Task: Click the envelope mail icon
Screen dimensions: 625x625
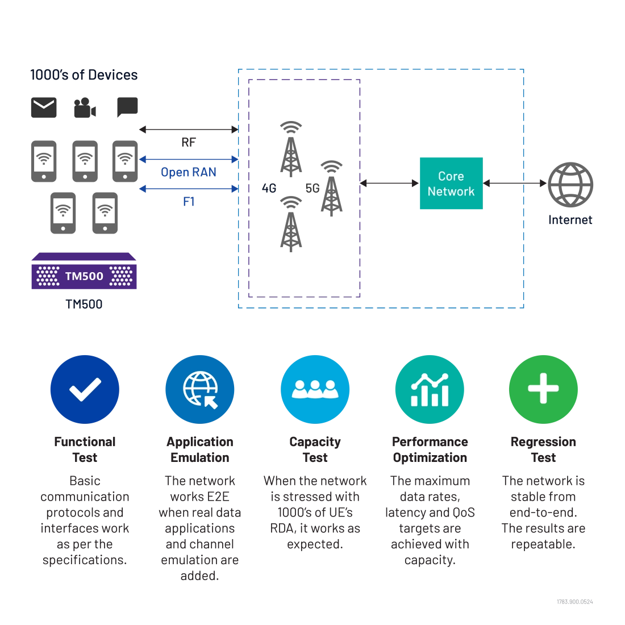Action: (x=44, y=107)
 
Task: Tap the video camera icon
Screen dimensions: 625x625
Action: (x=85, y=107)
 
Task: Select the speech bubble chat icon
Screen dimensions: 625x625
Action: (x=127, y=107)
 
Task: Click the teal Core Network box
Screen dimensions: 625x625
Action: (x=451, y=184)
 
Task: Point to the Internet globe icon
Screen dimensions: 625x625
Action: (x=570, y=185)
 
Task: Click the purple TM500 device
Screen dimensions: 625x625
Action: (x=84, y=270)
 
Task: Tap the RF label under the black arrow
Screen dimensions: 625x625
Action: (x=189, y=142)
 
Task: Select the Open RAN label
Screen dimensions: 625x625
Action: (x=189, y=172)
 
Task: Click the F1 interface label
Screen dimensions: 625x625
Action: (x=189, y=202)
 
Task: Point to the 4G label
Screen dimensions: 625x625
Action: (x=269, y=188)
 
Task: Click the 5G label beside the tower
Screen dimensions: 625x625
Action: (x=312, y=188)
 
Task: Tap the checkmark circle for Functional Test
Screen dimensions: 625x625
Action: (x=85, y=389)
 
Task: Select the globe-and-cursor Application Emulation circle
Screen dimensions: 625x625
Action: (x=199, y=389)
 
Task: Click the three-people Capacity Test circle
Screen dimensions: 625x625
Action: (x=315, y=389)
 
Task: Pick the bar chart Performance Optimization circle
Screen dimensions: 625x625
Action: (x=430, y=389)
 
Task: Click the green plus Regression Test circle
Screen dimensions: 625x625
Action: (x=543, y=389)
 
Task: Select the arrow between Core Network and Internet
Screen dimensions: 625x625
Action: (x=515, y=184)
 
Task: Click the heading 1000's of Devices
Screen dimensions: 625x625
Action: (x=84, y=75)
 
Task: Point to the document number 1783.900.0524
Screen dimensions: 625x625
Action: (x=575, y=602)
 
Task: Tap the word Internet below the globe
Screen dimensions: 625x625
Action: (x=570, y=220)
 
